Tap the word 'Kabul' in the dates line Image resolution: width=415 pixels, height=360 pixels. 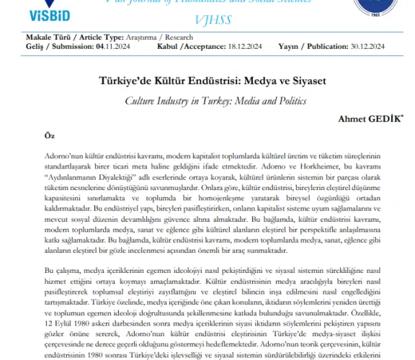[167, 46]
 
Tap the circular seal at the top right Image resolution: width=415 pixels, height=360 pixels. [384, 11]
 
